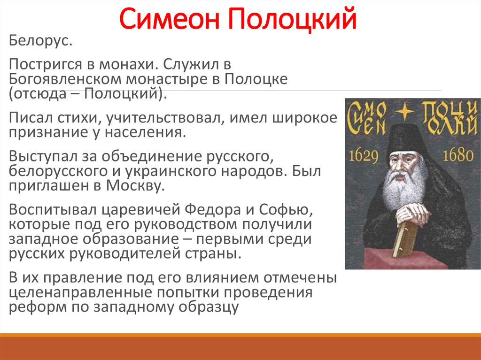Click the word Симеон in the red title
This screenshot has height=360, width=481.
170,18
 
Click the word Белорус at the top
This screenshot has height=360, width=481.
38,41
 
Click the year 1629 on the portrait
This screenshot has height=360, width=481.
364,155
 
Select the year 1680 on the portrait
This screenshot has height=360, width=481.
458,155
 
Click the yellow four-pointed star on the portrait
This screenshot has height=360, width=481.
405,111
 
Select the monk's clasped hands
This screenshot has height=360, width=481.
411,214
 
